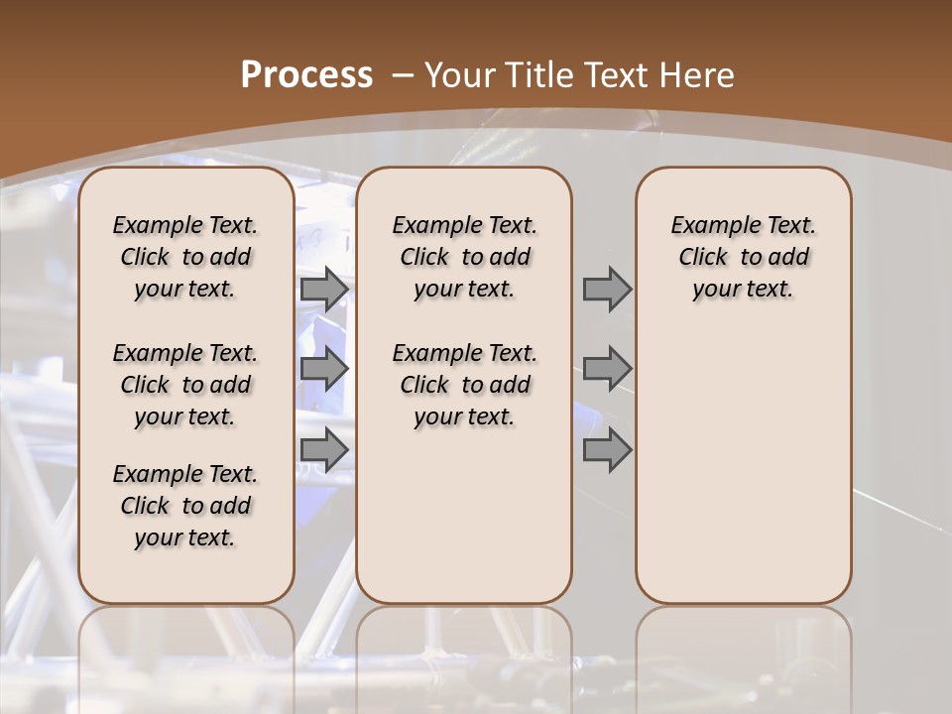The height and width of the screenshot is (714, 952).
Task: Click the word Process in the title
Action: click(x=306, y=74)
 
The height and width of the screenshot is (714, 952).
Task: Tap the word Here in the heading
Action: click(x=698, y=74)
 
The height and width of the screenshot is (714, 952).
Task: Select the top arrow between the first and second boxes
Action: click(x=324, y=289)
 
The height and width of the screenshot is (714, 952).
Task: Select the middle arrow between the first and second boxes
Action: click(x=324, y=369)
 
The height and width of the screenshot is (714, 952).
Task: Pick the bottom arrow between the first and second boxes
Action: click(x=324, y=449)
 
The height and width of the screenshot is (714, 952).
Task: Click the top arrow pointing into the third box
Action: click(x=607, y=289)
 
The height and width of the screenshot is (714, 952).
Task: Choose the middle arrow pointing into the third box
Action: click(x=607, y=369)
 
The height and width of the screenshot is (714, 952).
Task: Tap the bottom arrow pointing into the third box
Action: click(x=607, y=449)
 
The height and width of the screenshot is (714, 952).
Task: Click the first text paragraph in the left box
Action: click(x=185, y=257)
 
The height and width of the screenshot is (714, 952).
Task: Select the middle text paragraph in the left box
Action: click(x=185, y=385)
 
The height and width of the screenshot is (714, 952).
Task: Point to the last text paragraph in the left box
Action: click(x=185, y=506)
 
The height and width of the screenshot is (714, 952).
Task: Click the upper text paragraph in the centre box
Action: click(x=464, y=257)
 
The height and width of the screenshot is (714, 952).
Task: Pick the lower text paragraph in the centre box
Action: click(x=464, y=385)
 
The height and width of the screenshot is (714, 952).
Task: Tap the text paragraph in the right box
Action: click(x=744, y=257)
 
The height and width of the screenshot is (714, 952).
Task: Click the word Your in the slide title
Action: click(x=460, y=74)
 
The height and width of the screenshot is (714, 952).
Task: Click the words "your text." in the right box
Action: click(x=744, y=289)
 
